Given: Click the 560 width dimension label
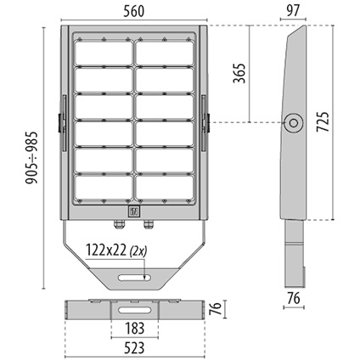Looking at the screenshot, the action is tap(134, 11).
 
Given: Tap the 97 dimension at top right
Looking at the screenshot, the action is tap(293, 11).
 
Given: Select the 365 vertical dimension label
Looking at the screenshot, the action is tap(239, 73).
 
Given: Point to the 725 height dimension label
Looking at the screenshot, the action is tap(323, 121).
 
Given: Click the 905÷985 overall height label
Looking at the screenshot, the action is tap(31, 158).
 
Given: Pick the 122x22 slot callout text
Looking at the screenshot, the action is tap(106, 250).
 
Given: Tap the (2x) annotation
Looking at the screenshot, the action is tap(138, 251).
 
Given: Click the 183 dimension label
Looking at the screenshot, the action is tap(134, 329).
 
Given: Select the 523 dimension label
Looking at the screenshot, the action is tap(134, 348).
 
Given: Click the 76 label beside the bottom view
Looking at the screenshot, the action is tap(216, 309).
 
